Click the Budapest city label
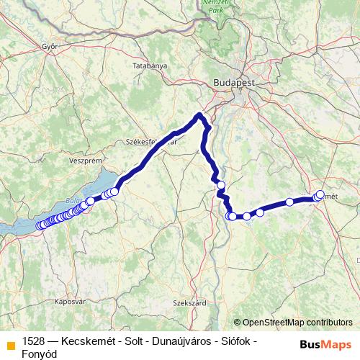(234, 84)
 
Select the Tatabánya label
(150, 66)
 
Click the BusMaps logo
(321, 343)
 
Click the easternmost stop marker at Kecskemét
(320, 194)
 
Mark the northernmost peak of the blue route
(200, 114)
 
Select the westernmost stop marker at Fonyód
(40, 225)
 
